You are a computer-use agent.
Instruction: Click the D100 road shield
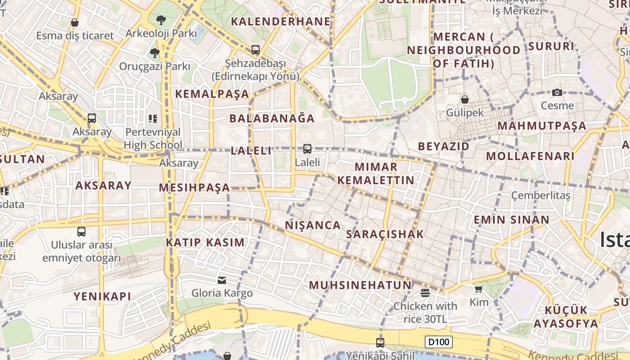439,342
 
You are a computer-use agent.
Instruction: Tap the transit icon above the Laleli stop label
307,148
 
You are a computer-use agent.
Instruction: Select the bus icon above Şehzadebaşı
256,50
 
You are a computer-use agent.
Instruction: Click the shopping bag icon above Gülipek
465,99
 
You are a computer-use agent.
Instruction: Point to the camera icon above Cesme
557,92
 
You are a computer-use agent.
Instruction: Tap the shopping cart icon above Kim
478,289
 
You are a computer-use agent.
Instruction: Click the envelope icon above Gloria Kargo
222,280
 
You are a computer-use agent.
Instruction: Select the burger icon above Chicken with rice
425,293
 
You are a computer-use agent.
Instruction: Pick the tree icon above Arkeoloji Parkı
161,20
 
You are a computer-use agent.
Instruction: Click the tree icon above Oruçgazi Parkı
154,53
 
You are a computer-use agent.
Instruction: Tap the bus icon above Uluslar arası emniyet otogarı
81,232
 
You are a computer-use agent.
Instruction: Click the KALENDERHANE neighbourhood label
281,21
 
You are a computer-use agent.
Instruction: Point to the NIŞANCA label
313,225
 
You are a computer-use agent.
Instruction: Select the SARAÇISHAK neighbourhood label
385,234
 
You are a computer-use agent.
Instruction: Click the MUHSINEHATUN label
360,285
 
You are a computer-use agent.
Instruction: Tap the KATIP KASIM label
205,242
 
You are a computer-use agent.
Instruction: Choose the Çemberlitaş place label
540,196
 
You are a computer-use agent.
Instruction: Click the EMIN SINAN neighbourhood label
511,220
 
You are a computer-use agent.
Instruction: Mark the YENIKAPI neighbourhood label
103,296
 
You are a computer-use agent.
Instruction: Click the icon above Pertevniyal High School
153,119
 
